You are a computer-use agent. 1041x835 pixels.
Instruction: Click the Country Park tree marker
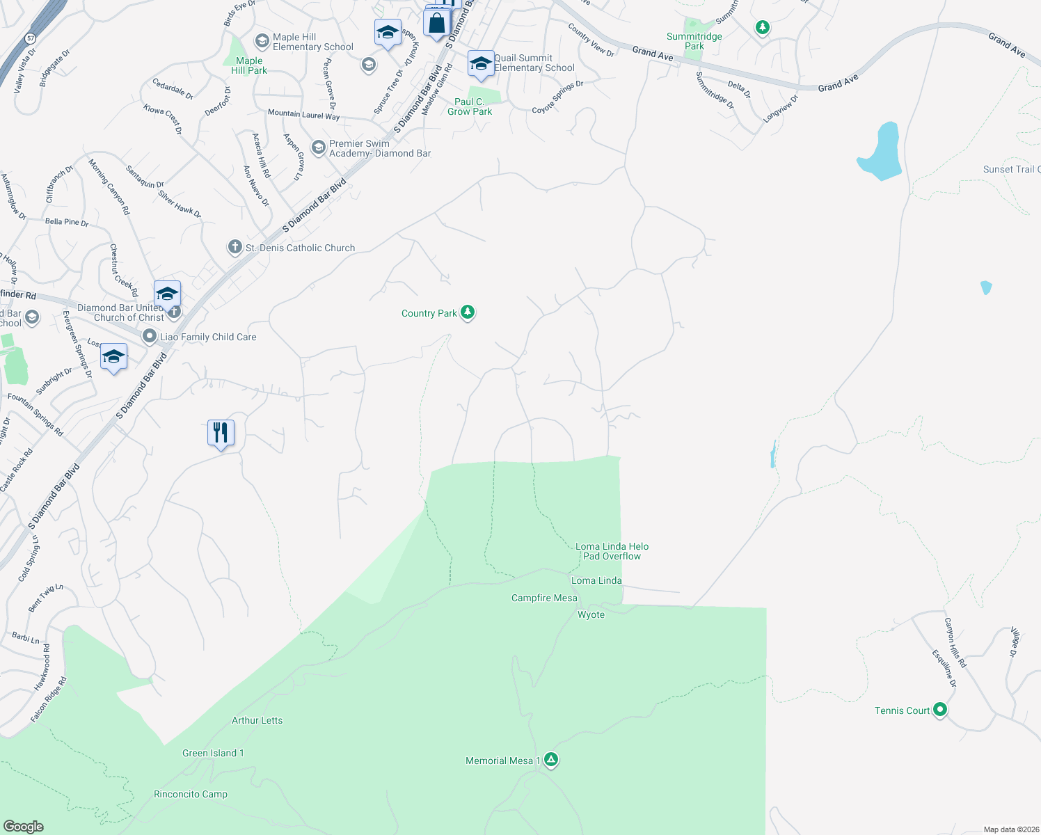(468, 312)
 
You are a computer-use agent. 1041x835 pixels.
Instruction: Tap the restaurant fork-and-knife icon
(221, 433)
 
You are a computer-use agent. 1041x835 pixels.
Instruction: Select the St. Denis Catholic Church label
(300, 248)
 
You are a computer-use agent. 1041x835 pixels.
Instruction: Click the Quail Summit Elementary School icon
(481, 64)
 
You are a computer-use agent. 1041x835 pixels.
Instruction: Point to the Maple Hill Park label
(249, 65)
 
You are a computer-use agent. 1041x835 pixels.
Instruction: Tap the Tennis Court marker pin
(940, 710)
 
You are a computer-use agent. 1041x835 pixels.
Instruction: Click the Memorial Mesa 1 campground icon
(551, 760)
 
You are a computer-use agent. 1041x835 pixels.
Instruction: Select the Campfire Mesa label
(544, 598)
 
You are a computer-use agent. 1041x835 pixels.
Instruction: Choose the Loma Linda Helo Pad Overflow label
(612, 551)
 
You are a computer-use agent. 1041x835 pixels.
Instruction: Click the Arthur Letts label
(257, 720)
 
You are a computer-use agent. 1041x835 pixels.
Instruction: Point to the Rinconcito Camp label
(191, 794)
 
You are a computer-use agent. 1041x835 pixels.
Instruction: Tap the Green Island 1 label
(213, 753)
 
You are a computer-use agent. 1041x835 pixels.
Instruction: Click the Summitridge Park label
(694, 41)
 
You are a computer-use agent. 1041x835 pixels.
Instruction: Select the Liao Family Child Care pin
(149, 337)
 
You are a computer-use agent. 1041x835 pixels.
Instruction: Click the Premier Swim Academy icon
(318, 148)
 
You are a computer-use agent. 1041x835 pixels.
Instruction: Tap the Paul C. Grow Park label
(470, 106)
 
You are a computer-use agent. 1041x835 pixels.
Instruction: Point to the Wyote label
(591, 614)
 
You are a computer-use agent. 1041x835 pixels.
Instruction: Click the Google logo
(23, 826)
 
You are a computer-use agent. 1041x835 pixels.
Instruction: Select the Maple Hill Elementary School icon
(262, 41)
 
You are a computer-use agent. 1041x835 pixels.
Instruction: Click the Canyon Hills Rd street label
(955, 642)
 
